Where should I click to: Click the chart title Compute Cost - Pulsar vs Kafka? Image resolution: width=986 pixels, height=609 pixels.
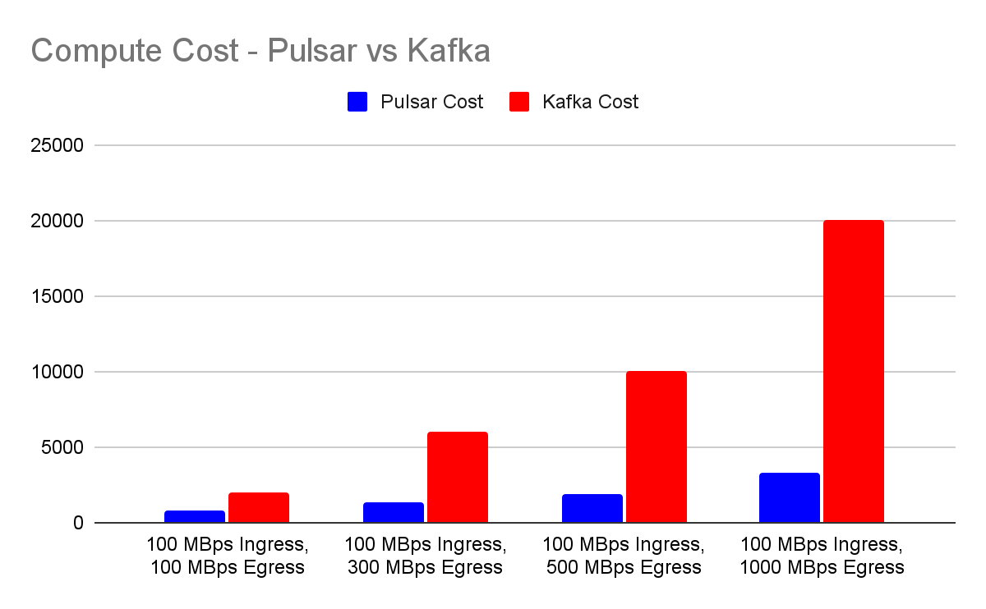pos(260,51)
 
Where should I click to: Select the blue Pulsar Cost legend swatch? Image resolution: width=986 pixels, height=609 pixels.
pos(357,102)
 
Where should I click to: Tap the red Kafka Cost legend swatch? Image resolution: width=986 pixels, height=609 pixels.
pos(519,102)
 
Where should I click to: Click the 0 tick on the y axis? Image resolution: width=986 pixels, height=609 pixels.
pos(78,524)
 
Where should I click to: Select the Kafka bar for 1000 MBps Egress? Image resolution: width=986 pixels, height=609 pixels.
pos(853,371)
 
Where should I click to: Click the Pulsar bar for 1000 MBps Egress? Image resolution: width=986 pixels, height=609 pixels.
pos(789,497)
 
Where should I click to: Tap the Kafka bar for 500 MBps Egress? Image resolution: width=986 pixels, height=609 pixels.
pos(656,446)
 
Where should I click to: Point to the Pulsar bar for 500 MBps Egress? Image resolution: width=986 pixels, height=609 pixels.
pos(592,508)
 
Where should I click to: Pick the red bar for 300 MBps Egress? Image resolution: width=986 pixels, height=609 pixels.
pos(457,477)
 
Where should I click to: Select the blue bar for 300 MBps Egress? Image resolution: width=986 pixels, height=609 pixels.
pos(393,512)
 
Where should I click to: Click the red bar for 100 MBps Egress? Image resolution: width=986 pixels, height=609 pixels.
pos(258,507)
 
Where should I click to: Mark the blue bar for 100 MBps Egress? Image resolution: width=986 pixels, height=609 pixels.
pos(194,516)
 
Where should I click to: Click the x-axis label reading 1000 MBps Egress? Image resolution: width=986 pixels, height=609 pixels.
pos(822,567)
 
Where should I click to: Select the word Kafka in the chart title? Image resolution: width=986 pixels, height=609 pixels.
pos(448,51)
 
